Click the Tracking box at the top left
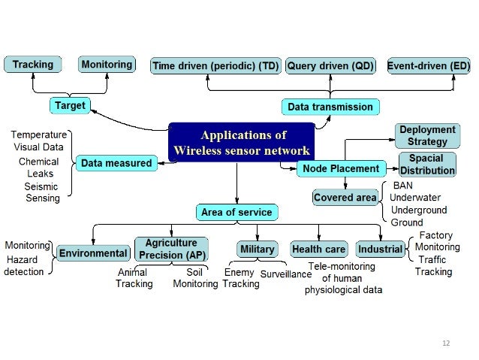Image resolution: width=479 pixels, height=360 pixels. coord(33,65)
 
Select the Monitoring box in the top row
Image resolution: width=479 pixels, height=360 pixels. coord(107,65)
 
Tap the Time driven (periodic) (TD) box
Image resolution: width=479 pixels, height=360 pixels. coord(215,66)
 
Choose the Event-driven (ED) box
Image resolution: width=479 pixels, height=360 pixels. coord(429,66)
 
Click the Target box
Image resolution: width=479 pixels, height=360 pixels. coord(70,106)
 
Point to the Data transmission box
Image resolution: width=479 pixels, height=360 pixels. coord(330,107)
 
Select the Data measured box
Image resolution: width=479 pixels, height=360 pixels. coord(116,162)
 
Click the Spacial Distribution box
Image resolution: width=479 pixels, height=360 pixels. coord(426,165)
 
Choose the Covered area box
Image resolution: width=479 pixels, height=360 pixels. coord(345,198)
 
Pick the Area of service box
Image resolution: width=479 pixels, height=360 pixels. coord(236,213)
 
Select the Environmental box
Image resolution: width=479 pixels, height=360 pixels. coord(93,253)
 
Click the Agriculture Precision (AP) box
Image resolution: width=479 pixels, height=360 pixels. coord(171,249)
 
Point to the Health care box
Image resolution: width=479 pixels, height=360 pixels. coord(318,249)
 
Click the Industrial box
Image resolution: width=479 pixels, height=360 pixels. coord(380,249)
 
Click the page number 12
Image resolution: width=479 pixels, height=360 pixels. coord(446,343)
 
